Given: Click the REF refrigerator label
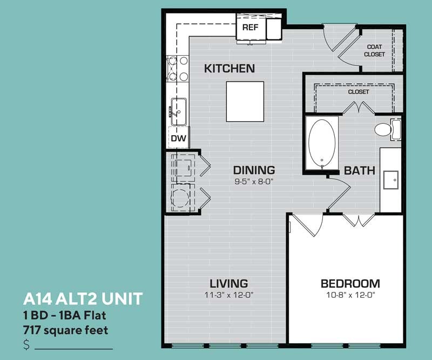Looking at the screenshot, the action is (250, 28).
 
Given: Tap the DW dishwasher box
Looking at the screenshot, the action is (179, 137).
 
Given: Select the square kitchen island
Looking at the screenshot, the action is (245, 102).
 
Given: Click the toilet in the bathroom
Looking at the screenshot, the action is (388, 129).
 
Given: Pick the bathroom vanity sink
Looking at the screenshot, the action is (391, 180).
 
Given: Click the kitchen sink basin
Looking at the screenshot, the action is (179, 112).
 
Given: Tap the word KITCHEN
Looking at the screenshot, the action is (229, 69).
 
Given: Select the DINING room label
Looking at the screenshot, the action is (254, 170).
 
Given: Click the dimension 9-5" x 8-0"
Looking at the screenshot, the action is (254, 182).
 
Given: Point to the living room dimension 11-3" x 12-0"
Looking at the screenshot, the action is (228, 295).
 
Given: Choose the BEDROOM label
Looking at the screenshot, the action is (350, 284).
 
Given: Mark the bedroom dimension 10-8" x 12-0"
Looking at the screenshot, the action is (350, 295).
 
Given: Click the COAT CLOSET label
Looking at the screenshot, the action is (374, 50).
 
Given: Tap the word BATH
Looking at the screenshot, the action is (360, 171).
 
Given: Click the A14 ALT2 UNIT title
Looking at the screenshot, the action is (83, 299).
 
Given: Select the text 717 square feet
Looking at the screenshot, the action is (65, 330).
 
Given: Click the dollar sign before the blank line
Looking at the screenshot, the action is (26, 344).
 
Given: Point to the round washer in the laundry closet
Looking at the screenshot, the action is (180, 197).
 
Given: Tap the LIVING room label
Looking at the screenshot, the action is (228, 284).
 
